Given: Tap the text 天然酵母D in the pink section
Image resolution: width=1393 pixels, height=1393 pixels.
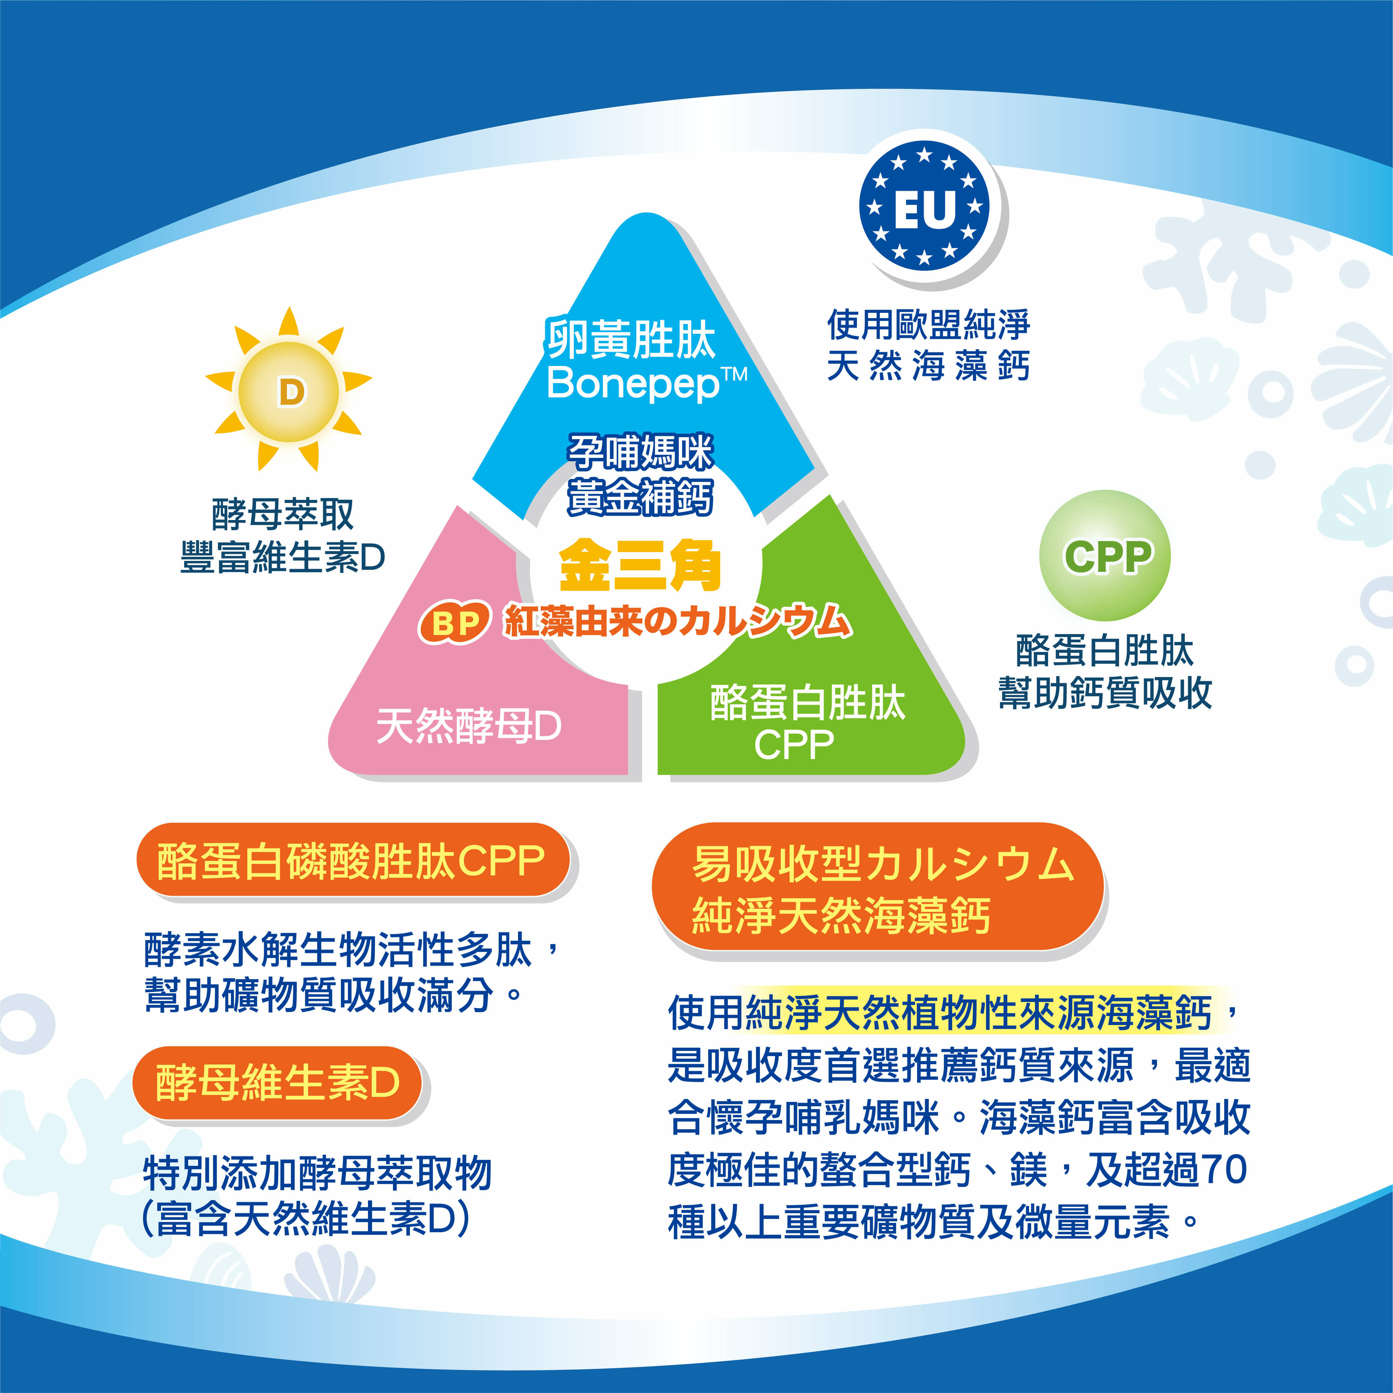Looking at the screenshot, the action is [469, 725].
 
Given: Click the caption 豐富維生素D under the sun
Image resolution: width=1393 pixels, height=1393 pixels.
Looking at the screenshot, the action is [283, 557].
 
